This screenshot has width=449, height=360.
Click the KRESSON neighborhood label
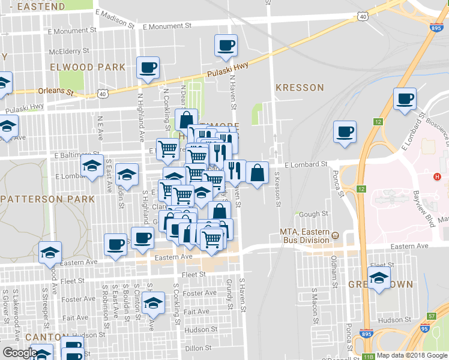(x=300, y=88)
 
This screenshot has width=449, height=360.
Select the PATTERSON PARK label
(x=48, y=199)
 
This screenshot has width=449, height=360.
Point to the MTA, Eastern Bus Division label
(x=305, y=236)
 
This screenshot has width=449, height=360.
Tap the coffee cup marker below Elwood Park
(x=147, y=68)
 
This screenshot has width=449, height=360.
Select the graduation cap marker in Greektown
(x=379, y=277)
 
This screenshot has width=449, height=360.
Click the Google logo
(x=20, y=353)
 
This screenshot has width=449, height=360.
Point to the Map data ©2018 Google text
(x=412, y=355)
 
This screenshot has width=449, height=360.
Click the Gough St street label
(x=313, y=214)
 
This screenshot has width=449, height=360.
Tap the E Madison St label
(x=114, y=19)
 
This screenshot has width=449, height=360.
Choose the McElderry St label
(x=69, y=51)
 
